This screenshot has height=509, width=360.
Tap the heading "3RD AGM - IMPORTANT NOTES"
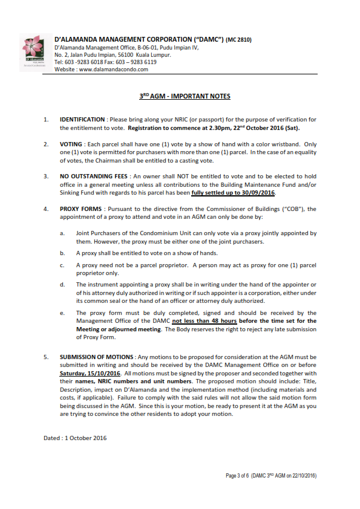181,97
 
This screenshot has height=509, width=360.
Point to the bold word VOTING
71,144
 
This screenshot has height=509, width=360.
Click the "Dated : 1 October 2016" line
75,438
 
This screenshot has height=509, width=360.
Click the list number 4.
46,209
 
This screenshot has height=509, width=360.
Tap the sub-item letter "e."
62,313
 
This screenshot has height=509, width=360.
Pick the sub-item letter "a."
62,233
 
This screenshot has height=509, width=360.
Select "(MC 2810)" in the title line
238,40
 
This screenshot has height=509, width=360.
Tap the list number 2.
46,144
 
